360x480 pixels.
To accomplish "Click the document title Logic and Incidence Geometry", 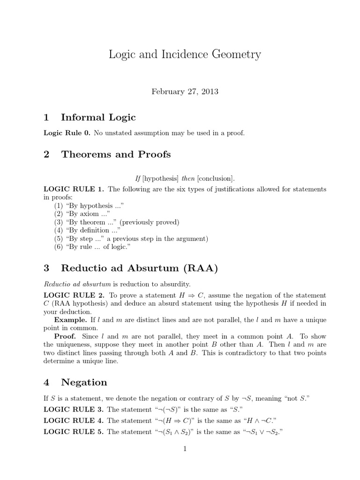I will point(185,55).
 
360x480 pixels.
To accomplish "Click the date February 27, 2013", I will point(185,91).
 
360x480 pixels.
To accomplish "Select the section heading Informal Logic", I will point(98,117).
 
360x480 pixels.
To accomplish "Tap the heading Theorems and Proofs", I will point(116,154).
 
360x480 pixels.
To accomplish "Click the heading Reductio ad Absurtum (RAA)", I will point(139,268).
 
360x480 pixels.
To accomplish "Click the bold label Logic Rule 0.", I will point(67,133).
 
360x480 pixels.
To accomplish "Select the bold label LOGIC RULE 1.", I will point(74,189).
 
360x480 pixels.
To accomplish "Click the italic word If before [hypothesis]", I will point(138,178).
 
